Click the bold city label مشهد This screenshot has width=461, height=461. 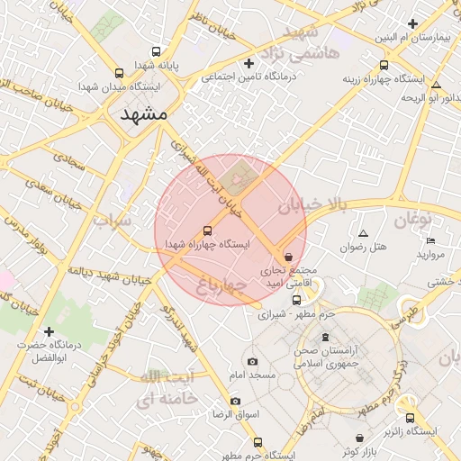142,114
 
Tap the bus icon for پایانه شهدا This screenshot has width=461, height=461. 158,51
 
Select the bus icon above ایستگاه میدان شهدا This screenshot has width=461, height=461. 120,73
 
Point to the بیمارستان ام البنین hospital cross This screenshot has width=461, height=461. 412,23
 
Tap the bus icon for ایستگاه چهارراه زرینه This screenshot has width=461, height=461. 384,65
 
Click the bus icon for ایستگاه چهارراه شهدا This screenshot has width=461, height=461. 209,230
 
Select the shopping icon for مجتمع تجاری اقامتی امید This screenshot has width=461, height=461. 287,257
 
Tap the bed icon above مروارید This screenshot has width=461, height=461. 430,240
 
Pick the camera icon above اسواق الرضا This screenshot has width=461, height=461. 236,401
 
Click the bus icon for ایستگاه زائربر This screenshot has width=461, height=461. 411,418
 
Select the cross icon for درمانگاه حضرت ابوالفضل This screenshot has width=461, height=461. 49,331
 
